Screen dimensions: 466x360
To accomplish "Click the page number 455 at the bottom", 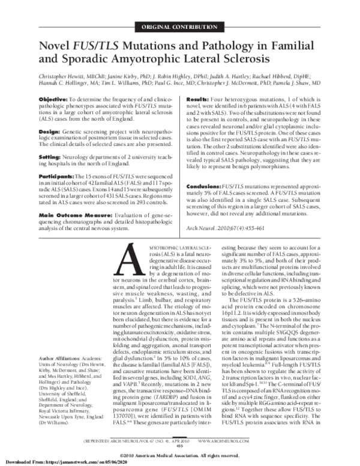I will click(180, 446).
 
